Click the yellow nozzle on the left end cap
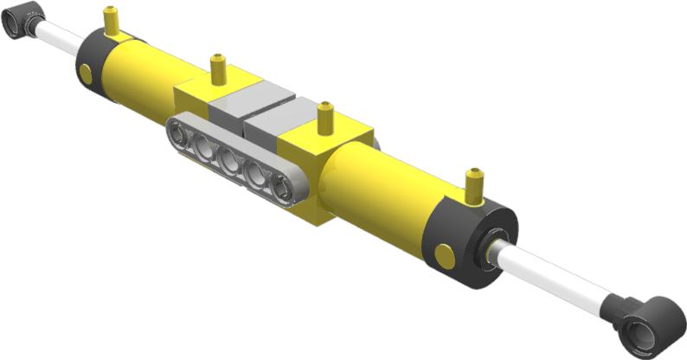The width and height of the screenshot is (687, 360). [x=111, y=22]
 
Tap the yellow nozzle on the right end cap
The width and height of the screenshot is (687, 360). [x=473, y=184]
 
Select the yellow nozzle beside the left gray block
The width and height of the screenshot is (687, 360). [x=217, y=68]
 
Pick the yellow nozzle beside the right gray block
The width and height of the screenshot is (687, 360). [x=325, y=118]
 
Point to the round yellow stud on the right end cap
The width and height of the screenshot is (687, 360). [x=445, y=256]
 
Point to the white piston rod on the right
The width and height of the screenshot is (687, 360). [x=554, y=275]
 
